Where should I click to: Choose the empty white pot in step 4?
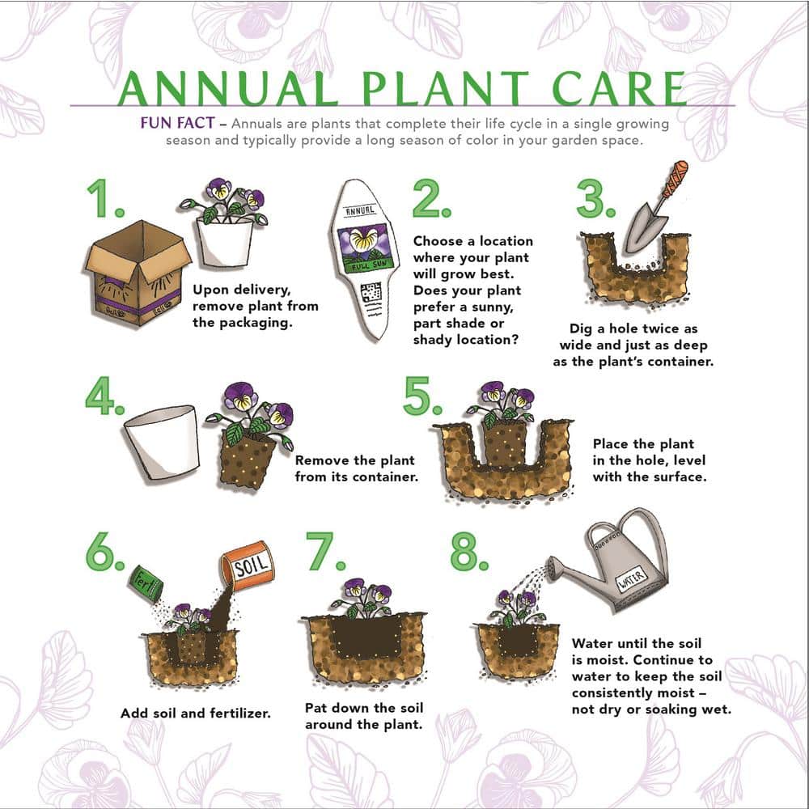162,442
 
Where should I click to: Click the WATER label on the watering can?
633,580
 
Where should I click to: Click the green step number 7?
324,553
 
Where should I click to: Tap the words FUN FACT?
177,125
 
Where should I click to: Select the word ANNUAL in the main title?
228,89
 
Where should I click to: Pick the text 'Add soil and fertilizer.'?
195,714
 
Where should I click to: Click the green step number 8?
468,553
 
